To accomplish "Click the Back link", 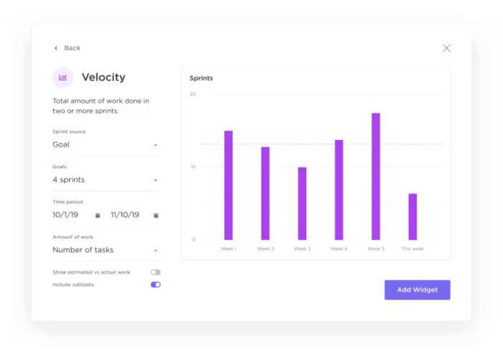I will point(68,48).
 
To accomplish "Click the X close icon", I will point(446,48).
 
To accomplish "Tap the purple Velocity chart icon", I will point(63,77).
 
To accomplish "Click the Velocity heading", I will point(103,77).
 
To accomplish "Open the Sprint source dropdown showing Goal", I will point(105,144).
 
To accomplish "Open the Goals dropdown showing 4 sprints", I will point(105,180).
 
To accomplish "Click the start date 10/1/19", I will point(65,215).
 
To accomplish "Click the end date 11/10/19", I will point(125,215).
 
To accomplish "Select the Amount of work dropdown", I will point(105,250).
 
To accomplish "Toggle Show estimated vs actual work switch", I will point(155,272).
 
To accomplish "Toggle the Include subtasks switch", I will point(155,285).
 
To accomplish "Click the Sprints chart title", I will point(201,78).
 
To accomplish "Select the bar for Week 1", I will point(229,185).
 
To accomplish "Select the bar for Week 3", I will point(302,203).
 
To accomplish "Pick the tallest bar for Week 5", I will point(376,176).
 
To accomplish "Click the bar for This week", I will point(412,216).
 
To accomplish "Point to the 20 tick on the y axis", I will point(193,94).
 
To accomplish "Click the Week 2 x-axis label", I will point(265,249).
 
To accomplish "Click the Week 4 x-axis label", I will point(338,249).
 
